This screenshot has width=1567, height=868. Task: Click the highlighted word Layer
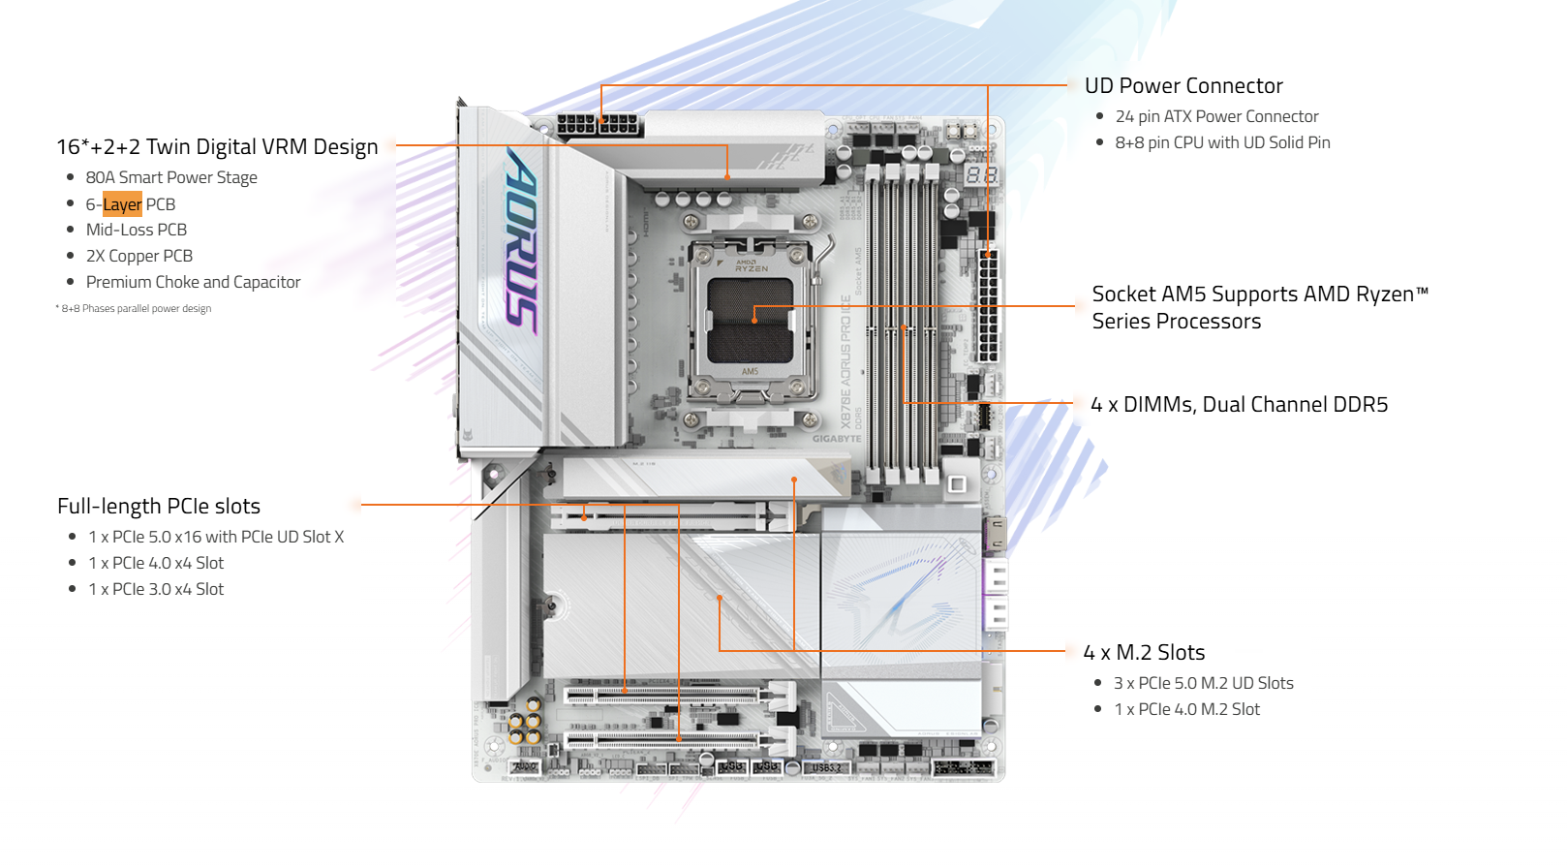122,204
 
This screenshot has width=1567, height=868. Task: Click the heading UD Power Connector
1183,85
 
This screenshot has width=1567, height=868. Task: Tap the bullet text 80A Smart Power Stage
171,177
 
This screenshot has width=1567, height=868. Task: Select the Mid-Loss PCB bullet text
137,230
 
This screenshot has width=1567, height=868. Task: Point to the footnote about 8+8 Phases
133,308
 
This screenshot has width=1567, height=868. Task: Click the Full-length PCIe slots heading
159,506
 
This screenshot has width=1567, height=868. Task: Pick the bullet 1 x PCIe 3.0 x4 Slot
156,589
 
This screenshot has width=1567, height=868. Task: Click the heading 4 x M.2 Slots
1144,652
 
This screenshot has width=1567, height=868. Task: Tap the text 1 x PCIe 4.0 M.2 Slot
1187,709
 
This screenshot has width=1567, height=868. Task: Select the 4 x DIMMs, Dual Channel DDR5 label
1239,404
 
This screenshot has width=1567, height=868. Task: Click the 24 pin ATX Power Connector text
1216,116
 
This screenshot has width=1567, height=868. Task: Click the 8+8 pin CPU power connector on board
599,125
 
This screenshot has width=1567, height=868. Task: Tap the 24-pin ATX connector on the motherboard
988,306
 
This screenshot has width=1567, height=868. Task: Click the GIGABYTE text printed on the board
837,439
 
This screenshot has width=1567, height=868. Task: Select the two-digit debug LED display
981,175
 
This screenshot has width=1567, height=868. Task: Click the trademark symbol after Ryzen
1422,289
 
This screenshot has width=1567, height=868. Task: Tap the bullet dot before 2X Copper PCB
70,256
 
